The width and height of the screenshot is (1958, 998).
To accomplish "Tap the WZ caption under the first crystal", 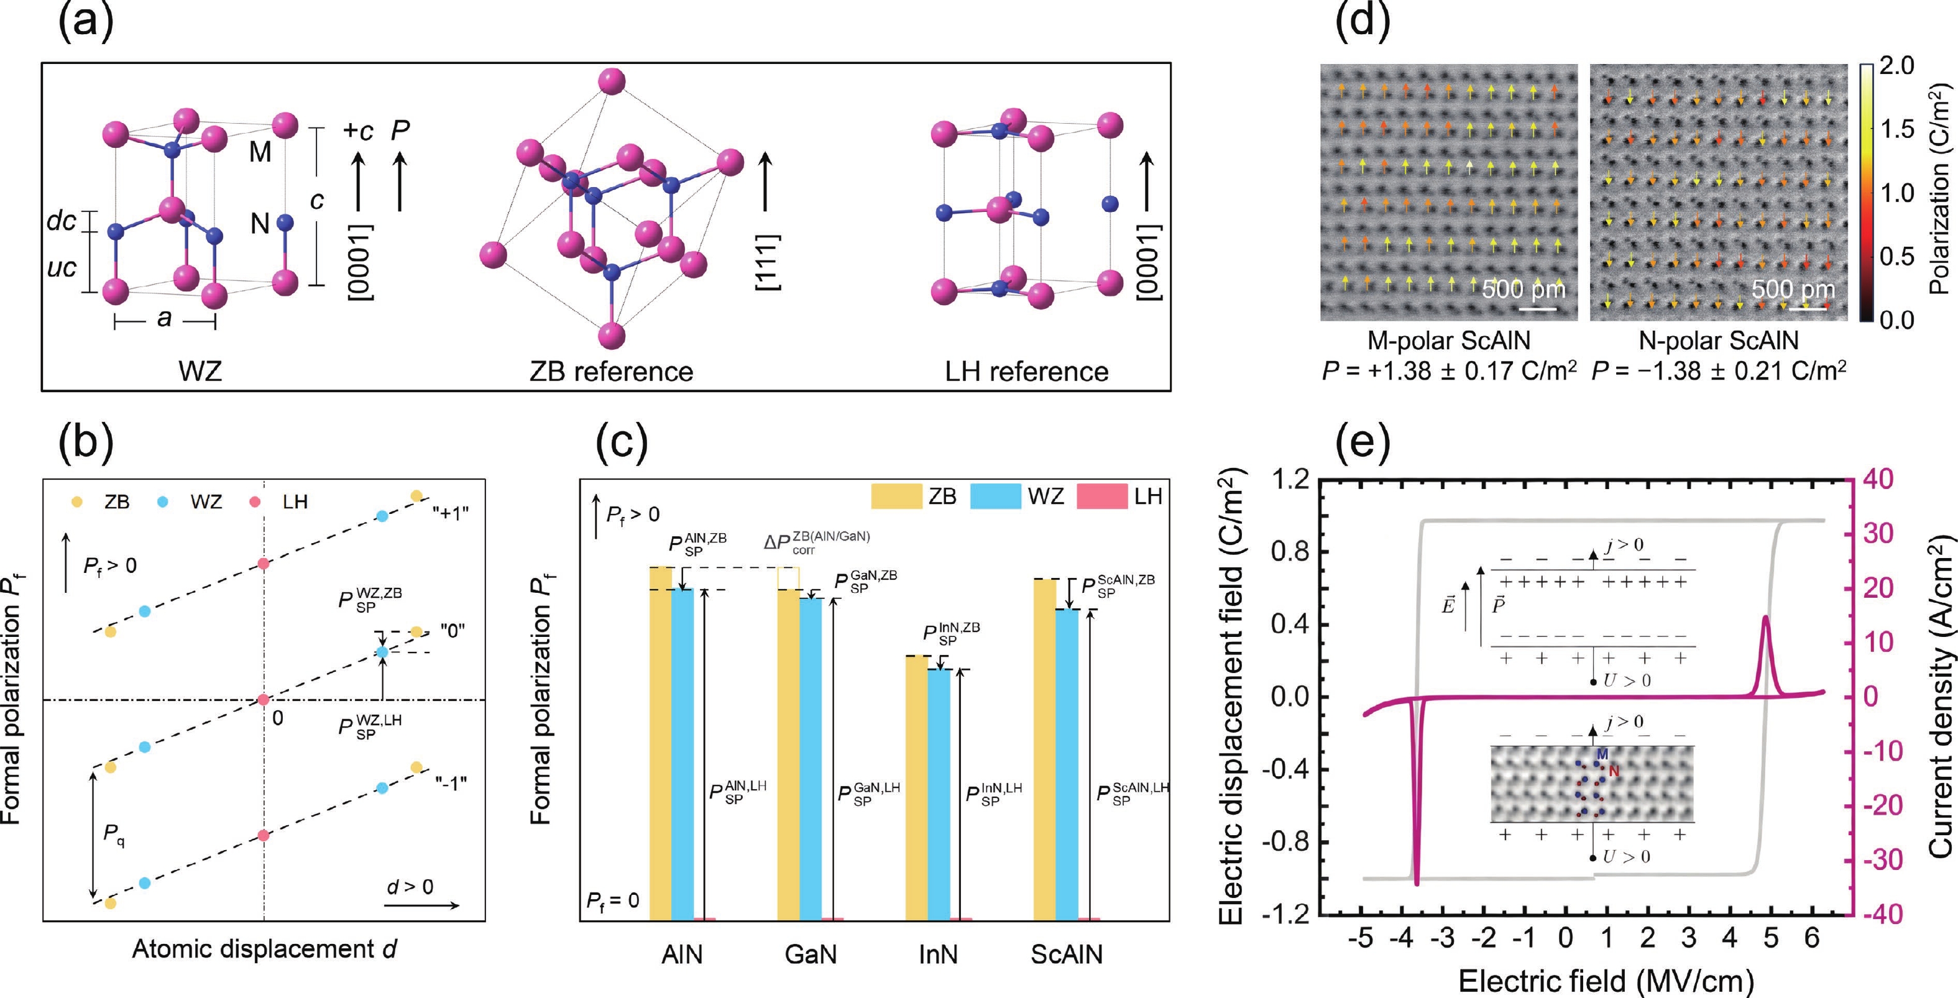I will (200, 372).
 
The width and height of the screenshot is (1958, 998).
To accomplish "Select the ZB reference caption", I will (611, 372).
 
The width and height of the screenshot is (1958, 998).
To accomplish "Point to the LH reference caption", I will (1026, 372).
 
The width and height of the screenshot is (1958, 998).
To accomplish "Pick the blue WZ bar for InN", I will (939, 794).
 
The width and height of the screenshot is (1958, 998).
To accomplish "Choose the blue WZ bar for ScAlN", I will (1067, 763).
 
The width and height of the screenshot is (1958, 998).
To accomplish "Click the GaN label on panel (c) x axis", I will (811, 954).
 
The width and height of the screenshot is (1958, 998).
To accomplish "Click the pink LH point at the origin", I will (263, 699).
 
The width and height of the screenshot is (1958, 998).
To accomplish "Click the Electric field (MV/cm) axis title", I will (1606, 981).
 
